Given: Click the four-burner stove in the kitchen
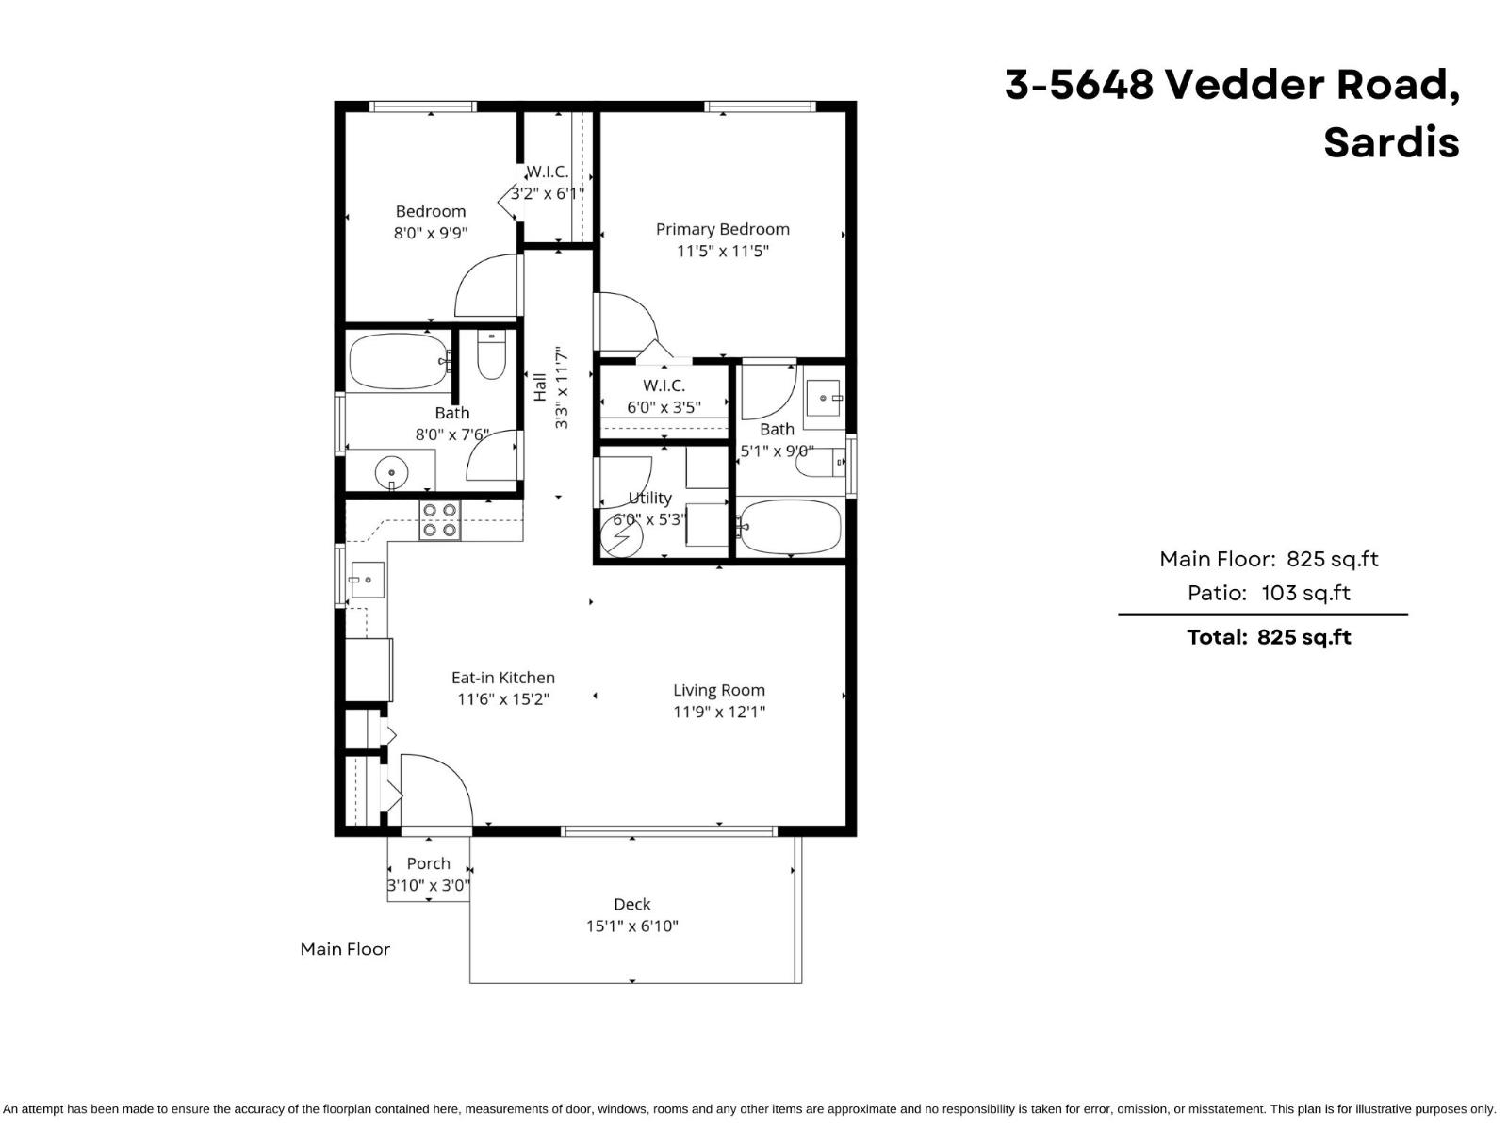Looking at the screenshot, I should pyautogui.click(x=440, y=520).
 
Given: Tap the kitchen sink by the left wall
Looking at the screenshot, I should pyautogui.click(x=367, y=580).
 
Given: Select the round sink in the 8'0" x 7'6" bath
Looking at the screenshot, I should pyautogui.click(x=390, y=470).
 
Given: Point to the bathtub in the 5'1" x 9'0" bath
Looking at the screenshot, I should pyautogui.click(x=789, y=528).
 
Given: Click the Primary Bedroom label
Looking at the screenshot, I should pyautogui.click(x=722, y=229).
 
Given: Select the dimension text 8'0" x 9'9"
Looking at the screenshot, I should pyautogui.click(x=431, y=232).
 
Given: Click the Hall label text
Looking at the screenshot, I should pyautogui.click(x=540, y=387).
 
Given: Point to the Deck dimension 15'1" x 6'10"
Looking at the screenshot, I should pyautogui.click(x=631, y=926).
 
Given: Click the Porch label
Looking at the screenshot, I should pyautogui.click(x=428, y=863).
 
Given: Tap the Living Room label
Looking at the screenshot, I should pyautogui.click(x=718, y=690).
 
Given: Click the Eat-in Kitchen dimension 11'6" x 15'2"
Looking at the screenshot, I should pyautogui.click(x=503, y=699).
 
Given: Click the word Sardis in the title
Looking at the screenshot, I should pyautogui.click(x=1390, y=143).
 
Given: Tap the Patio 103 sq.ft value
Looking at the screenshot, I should pyautogui.click(x=1305, y=593).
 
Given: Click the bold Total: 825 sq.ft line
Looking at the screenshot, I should pyautogui.click(x=1268, y=637).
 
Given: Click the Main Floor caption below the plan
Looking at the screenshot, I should pyautogui.click(x=345, y=949).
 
